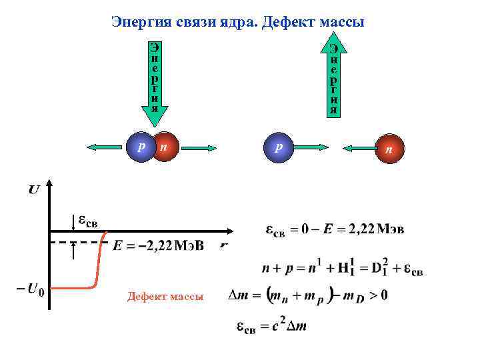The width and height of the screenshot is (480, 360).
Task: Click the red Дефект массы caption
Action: (165, 297)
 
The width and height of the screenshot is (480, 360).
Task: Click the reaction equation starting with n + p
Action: (342, 270)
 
